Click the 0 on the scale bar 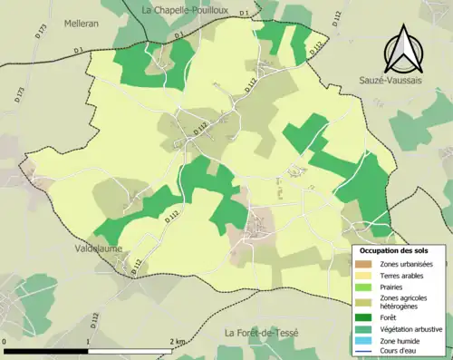(5, 342)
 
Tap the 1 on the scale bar (87, 342)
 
